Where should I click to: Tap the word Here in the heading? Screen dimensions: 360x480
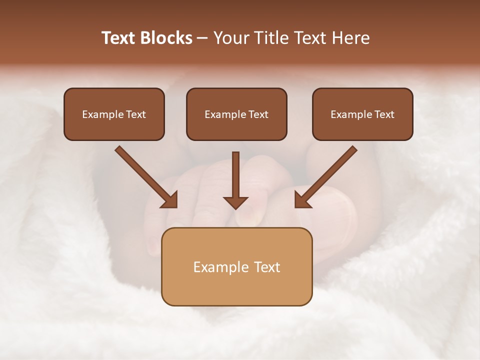[x=351, y=38]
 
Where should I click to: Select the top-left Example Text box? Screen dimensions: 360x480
[x=114, y=114]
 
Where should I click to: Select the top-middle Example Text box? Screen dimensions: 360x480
[x=236, y=114]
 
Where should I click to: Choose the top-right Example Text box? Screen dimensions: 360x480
[x=362, y=114]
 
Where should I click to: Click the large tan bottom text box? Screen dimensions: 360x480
[x=236, y=266]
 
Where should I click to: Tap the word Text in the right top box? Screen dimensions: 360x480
[x=384, y=114]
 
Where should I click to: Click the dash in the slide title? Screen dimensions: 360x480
[x=202, y=38]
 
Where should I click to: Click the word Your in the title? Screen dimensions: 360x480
[x=230, y=38]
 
